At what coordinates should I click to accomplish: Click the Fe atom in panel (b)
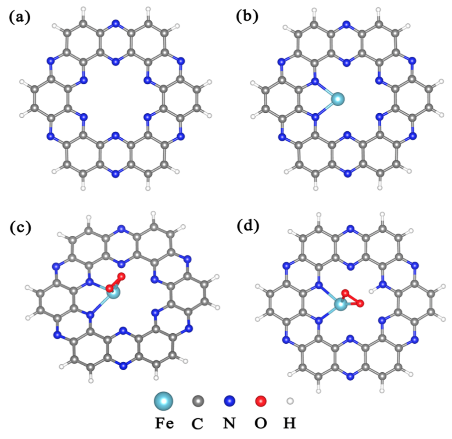tap(337, 99)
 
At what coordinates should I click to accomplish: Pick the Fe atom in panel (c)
tap(113, 292)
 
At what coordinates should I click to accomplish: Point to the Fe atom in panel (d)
tap(340, 304)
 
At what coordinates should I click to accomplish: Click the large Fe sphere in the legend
tap(164, 400)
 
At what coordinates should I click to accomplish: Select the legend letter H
tap(290, 424)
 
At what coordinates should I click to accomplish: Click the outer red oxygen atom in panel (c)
tap(122, 277)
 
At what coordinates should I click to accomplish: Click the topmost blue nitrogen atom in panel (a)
tap(115, 23)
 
